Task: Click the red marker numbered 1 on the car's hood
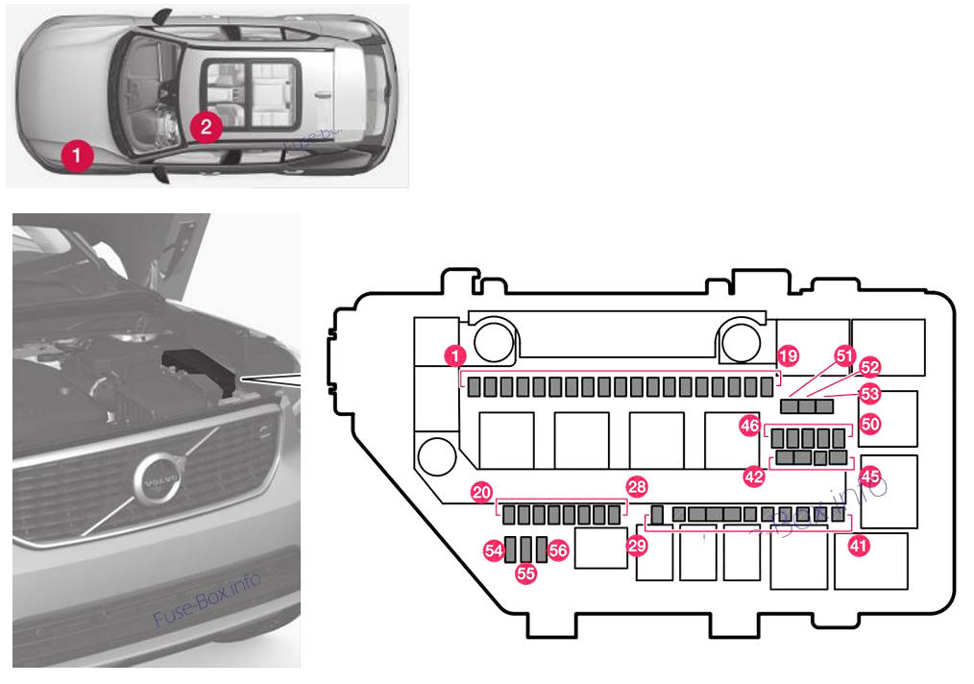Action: (78, 153)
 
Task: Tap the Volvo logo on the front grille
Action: (157, 477)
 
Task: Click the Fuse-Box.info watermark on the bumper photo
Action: (207, 601)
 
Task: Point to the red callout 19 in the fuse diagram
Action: (788, 356)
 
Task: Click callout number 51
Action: (844, 356)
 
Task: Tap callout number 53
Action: (870, 393)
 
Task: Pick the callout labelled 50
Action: (870, 423)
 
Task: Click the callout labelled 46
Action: (749, 423)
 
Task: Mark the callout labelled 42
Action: (756, 476)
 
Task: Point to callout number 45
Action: (870, 476)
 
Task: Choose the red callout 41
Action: (858, 547)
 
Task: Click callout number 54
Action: (495, 550)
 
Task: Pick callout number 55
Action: (525, 573)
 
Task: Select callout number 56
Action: (558, 550)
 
